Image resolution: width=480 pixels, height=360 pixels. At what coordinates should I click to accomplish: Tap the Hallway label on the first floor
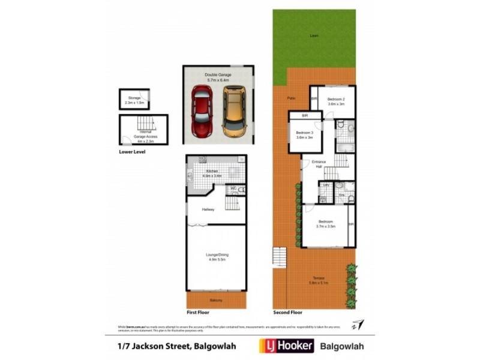point(208,209)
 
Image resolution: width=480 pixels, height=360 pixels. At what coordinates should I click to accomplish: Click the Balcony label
point(216,299)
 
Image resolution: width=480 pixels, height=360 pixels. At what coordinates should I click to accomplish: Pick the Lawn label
point(314,35)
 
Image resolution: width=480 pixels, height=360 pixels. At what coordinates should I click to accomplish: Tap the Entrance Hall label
point(319,164)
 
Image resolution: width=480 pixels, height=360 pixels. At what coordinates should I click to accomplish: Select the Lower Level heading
point(132,152)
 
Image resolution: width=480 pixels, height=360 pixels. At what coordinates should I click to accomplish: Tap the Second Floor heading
point(288,312)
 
